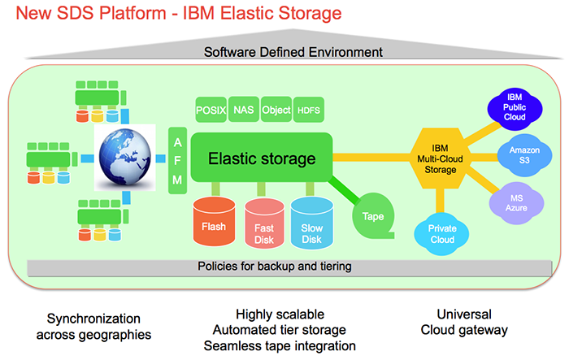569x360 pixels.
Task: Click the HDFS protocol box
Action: (x=309, y=109)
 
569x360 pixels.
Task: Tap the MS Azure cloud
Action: (x=513, y=201)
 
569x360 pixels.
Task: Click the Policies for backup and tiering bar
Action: (x=274, y=267)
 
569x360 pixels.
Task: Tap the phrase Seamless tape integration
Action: (x=280, y=345)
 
